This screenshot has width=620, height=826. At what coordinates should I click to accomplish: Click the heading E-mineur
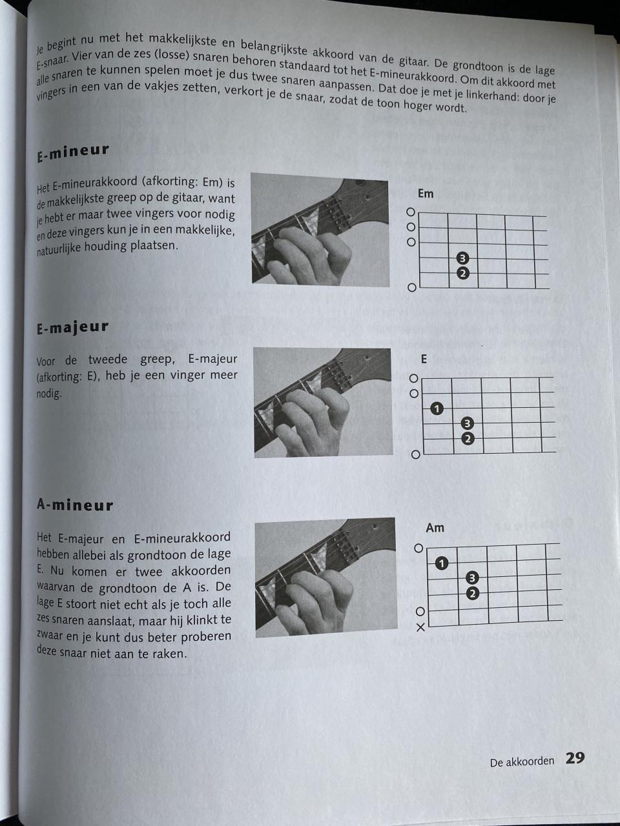tap(73, 152)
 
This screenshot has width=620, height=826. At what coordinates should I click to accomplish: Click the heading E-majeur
tap(73, 328)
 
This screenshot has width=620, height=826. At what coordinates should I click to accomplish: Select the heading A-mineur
tap(75, 505)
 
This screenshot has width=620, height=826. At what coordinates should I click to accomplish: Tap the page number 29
tap(575, 758)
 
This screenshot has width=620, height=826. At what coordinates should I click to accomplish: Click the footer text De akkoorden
tap(522, 761)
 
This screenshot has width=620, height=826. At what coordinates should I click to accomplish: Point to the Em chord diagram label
tap(426, 194)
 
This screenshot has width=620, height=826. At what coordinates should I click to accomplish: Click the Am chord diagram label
tap(435, 528)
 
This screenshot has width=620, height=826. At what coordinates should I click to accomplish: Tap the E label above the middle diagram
tap(424, 359)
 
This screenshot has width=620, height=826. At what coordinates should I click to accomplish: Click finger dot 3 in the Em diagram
tap(462, 259)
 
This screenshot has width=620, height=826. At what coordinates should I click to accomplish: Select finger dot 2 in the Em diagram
tap(462, 273)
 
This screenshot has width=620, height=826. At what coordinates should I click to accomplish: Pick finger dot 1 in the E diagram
tap(437, 408)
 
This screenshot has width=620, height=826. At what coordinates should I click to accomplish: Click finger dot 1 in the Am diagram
tap(442, 563)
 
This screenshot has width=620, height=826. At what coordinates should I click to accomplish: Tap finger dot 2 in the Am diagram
tap(472, 594)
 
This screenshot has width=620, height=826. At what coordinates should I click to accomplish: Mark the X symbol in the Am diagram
tap(420, 627)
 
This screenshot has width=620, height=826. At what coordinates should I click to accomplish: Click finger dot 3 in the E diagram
tap(468, 424)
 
